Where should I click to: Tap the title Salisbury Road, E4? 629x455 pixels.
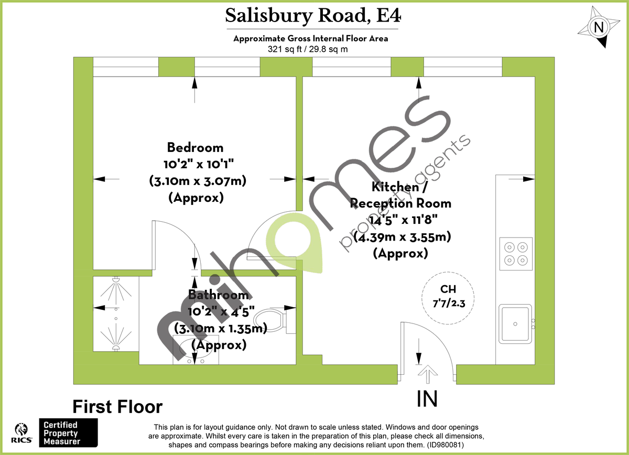313,16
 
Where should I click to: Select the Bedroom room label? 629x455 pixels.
195,147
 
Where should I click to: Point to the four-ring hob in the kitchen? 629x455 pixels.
516,253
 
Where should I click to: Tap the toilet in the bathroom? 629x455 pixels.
269,319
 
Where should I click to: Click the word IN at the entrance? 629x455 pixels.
427,399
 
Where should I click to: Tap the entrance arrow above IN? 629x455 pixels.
428,375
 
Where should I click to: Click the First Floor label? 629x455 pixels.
117,407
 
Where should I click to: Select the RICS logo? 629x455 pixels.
23,433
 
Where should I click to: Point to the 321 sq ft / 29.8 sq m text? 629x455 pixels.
308,49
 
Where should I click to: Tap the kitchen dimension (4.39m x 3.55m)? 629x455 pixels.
402,237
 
